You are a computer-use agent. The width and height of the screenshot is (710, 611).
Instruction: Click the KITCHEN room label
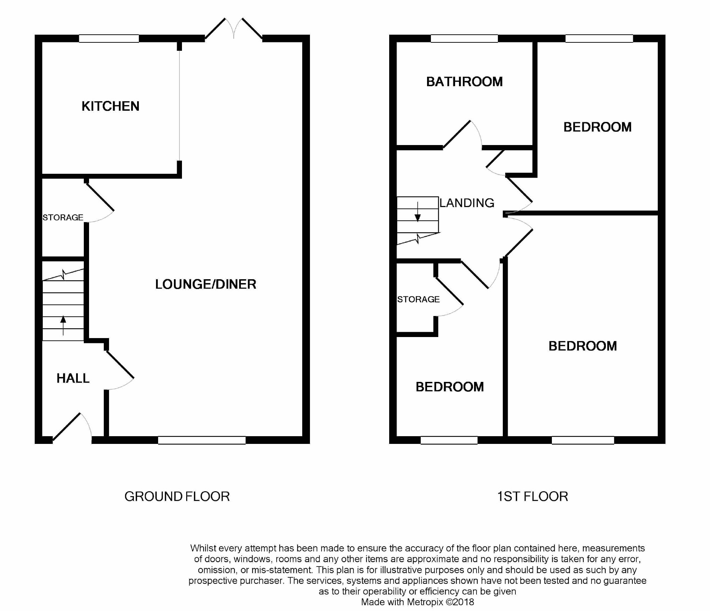tap(110, 106)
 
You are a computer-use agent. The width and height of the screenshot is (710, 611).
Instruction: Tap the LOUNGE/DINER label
tap(205, 284)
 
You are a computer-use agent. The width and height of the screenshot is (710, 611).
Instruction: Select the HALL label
tap(73, 378)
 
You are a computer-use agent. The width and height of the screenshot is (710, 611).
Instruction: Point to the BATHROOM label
tap(465, 82)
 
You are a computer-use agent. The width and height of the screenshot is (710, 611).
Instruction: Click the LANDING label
tap(467, 203)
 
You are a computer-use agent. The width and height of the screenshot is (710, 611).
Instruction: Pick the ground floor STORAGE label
tap(63, 218)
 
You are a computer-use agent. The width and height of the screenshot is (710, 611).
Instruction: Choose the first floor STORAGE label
tap(418, 299)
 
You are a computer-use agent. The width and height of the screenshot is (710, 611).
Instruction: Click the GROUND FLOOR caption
tap(177, 496)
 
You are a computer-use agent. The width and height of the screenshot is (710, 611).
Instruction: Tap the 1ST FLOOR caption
tap(533, 496)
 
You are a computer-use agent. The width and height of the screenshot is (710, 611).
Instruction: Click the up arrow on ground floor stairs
tap(63, 325)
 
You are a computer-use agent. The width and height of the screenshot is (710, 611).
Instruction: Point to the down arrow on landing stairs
tap(418, 212)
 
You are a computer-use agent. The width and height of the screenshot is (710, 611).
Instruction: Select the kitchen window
tap(109, 39)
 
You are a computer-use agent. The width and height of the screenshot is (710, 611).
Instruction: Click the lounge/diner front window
tap(202, 440)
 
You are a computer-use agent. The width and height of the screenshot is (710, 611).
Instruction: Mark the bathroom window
tap(464, 39)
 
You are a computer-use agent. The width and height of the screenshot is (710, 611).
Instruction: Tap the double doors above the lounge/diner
tap(234, 29)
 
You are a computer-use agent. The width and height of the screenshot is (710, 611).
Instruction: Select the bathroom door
tap(462, 135)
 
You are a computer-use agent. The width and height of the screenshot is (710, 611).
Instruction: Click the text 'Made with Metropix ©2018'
tap(418, 602)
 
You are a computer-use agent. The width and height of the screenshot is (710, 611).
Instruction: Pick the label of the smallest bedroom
tap(450, 387)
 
